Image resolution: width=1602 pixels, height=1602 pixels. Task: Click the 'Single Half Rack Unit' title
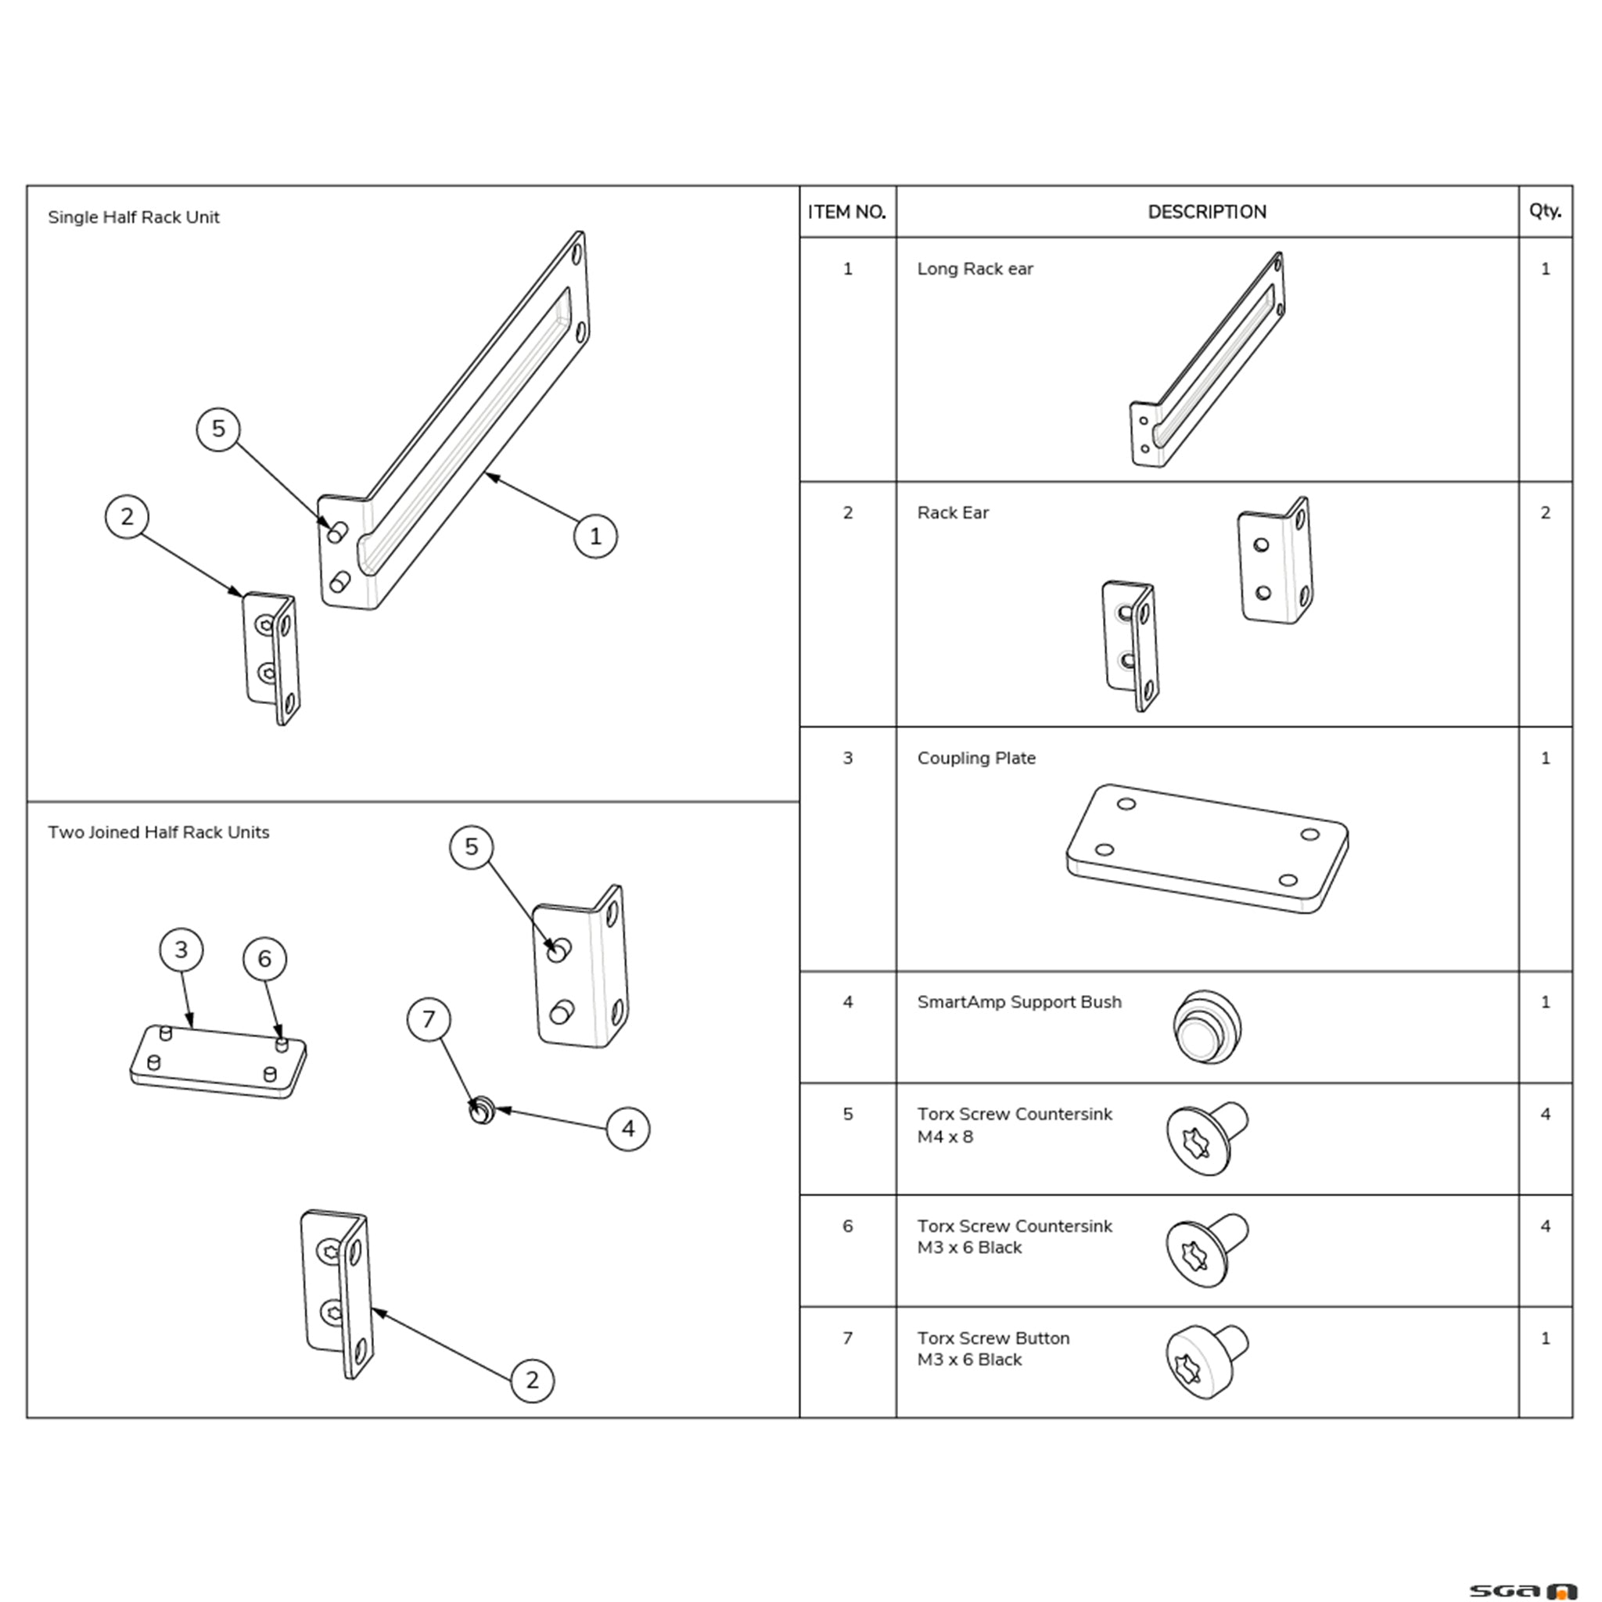click(x=134, y=217)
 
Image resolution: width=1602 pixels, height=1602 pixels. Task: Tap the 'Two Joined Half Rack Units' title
click(x=158, y=832)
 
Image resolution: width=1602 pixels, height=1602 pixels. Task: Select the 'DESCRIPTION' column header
click(x=1206, y=212)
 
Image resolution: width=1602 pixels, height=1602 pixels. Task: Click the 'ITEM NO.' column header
click(x=846, y=212)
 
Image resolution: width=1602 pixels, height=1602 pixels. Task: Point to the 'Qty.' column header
click(x=1545, y=210)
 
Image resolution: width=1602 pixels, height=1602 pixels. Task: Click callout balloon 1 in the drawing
click(x=595, y=537)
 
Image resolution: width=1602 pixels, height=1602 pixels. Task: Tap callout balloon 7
click(x=429, y=1019)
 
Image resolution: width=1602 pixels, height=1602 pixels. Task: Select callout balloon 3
click(x=181, y=950)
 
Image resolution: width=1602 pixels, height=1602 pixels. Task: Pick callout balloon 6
click(x=264, y=959)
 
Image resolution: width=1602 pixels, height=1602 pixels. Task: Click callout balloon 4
click(x=627, y=1130)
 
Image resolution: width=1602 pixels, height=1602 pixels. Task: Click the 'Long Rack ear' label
click(x=975, y=268)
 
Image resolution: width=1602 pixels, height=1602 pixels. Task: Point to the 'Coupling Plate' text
click(x=976, y=758)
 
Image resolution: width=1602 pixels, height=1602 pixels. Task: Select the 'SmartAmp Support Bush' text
click(x=1019, y=1002)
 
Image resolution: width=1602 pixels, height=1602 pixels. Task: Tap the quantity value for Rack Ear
click(x=1545, y=513)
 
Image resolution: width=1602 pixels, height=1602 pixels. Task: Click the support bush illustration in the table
click(x=1206, y=1027)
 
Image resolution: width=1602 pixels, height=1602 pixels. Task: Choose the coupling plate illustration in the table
click(x=1206, y=849)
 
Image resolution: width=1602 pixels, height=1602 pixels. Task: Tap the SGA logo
click(x=1522, y=1590)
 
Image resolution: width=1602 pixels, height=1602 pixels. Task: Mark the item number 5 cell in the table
click(x=847, y=1115)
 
